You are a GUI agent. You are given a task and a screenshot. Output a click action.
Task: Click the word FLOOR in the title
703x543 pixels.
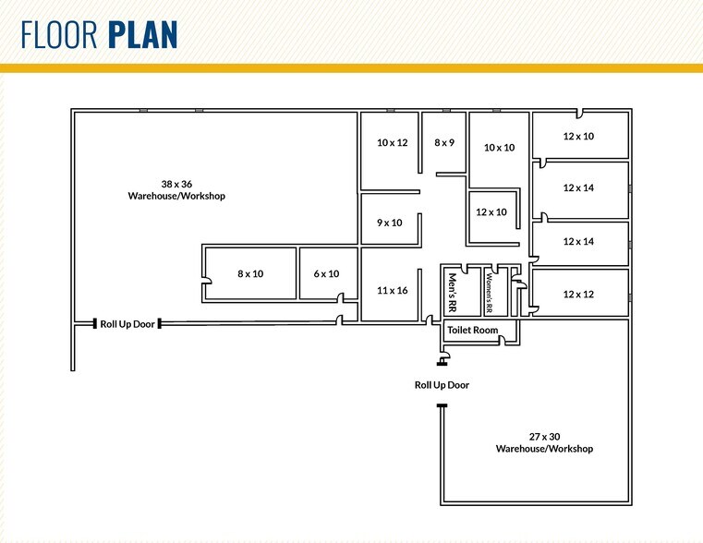point(59,34)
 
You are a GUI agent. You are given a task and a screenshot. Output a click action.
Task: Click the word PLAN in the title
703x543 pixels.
point(143,34)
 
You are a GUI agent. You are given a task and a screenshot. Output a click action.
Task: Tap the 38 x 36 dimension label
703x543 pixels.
point(176,184)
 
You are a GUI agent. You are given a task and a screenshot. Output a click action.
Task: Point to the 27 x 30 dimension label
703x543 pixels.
point(544,437)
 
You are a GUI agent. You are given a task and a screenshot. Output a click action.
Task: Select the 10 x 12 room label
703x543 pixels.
point(393,143)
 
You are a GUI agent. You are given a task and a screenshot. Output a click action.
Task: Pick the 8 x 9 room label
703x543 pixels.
point(444,143)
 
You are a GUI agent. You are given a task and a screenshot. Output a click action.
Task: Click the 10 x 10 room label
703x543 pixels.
point(500,148)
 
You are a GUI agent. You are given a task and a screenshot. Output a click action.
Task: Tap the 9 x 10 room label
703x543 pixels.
point(390,223)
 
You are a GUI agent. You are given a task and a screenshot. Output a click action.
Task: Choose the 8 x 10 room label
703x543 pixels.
point(250,273)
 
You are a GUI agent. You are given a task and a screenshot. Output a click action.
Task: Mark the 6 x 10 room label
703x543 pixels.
point(326,273)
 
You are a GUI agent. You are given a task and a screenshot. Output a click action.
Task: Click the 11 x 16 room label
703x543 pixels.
point(393,291)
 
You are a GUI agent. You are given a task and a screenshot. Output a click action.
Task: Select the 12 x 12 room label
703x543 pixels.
point(578,295)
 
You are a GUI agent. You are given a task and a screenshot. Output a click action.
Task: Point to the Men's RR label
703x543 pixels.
point(453,293)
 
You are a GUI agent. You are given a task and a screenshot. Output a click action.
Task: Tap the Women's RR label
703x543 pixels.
point(489,293)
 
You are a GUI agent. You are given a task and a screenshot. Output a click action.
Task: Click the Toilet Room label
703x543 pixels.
point(473,331)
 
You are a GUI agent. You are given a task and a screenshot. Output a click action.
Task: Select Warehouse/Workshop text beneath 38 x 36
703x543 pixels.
point(176,196)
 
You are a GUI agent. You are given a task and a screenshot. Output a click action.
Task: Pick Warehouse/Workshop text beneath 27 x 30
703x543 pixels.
point(544,449)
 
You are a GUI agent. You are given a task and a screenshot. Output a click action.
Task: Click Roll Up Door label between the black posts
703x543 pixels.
point(127,324)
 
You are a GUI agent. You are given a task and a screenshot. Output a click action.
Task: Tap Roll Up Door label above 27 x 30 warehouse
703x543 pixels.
point(442,385)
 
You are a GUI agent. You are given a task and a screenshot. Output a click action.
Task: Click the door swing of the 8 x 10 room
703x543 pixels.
point(208,281)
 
